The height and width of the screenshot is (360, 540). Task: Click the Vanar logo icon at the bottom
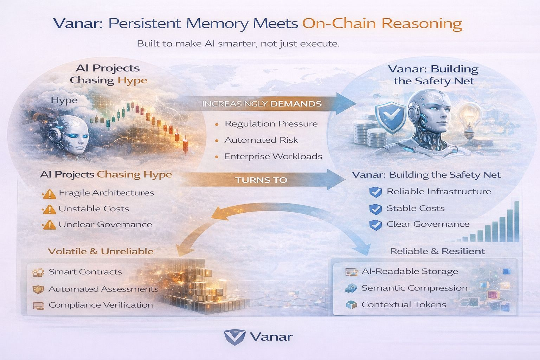[x=234, y=337]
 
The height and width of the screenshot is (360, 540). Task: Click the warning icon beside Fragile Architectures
[x=50, y=194]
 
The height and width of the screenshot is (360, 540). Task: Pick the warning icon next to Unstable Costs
[x=50, y=210]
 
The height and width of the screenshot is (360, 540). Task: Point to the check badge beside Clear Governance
[x=376, y=225]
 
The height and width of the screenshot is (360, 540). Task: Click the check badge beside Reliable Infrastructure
[x=376, y=192]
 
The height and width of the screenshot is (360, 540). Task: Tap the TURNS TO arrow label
[x=261, y=180]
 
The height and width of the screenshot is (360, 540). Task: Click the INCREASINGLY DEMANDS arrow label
[x=262, y=104]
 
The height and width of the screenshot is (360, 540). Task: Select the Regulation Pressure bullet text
[x=271, y=124]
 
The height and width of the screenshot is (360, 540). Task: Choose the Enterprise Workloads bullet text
[x=273, y=156]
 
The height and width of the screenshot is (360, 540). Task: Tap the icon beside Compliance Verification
[x=38, y=306]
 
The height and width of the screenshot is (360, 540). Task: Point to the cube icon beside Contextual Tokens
[x=351, y=305]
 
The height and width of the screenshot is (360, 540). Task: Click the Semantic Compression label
[x=414, y=288]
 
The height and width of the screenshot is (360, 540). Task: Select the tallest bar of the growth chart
[x=516, y=221]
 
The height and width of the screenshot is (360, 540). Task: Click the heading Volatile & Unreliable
[x=101, y=251]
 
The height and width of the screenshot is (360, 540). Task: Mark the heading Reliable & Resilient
[x=437, y=251]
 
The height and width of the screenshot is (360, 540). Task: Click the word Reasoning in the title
[x=422, y=24]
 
